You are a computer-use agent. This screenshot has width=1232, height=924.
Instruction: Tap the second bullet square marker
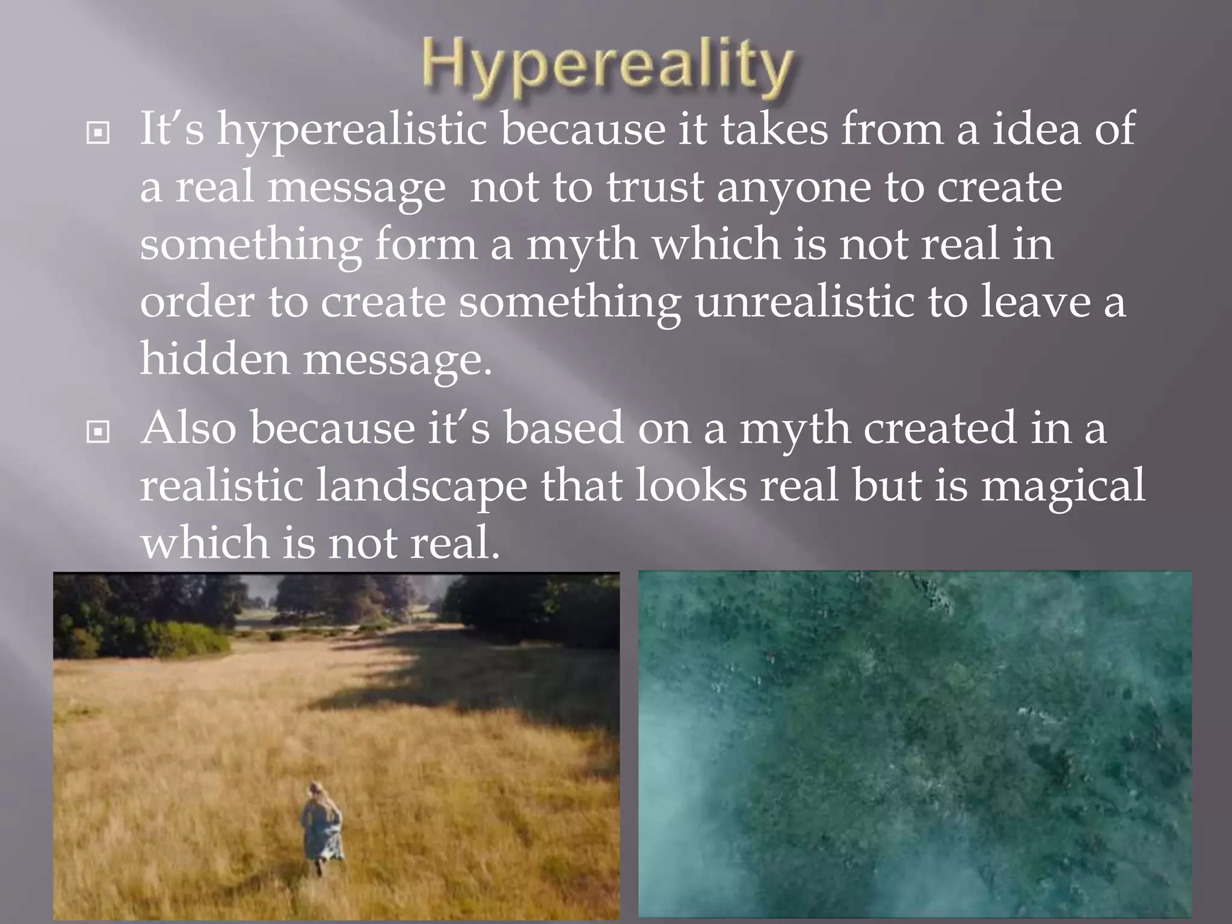coord(98,431)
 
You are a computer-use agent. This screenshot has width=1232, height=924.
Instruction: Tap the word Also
coord(188,428)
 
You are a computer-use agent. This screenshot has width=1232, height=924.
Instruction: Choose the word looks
coord(691,485)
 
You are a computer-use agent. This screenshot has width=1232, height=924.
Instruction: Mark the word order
coord(197,302)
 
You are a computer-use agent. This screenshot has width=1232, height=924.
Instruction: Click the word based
coord(563,428)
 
